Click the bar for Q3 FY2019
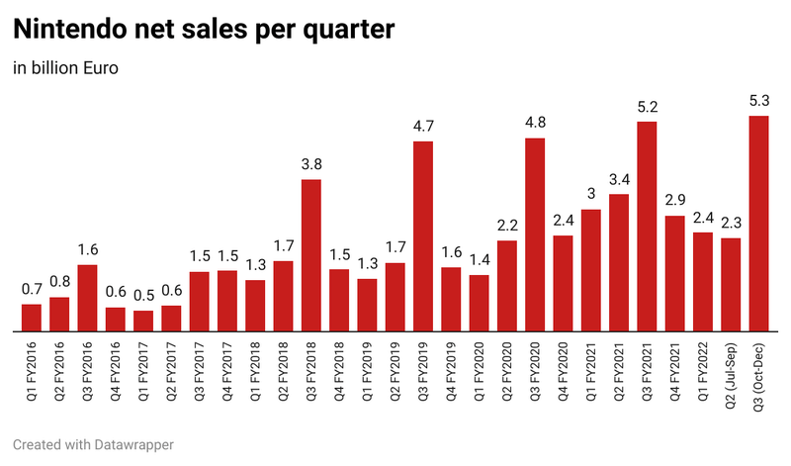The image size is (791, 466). point(423,236)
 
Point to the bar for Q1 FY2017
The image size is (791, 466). point(143,322)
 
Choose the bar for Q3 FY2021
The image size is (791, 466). point(648,227)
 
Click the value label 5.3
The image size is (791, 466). point(759,100)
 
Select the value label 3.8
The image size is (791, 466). point(311,163)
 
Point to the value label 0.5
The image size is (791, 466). point(143,295)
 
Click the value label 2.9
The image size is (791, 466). point(675,200)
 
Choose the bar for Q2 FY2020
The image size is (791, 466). point(507,286)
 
